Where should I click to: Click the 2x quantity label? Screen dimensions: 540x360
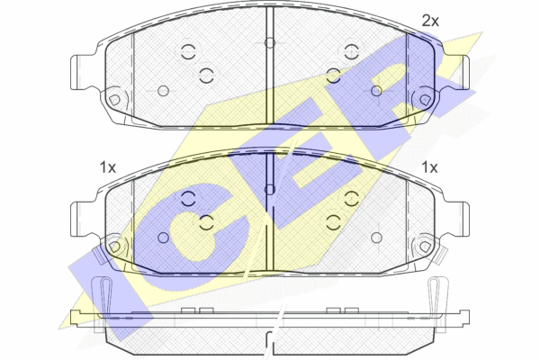pos(430,22)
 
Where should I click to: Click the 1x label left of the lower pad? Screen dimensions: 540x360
pos(107,167)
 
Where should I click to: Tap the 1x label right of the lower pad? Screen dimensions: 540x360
pos(429,167)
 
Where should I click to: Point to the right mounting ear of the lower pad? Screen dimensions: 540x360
pos(457,219)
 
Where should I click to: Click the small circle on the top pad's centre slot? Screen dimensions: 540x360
pos(270,42)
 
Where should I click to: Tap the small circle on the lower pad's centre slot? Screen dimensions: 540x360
pos(270,190)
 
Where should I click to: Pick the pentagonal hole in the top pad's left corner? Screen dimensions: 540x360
pos(114,100)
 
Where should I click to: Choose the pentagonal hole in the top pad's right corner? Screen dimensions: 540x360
pos(426,100)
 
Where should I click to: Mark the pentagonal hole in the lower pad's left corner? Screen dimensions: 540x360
pos(114,247)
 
